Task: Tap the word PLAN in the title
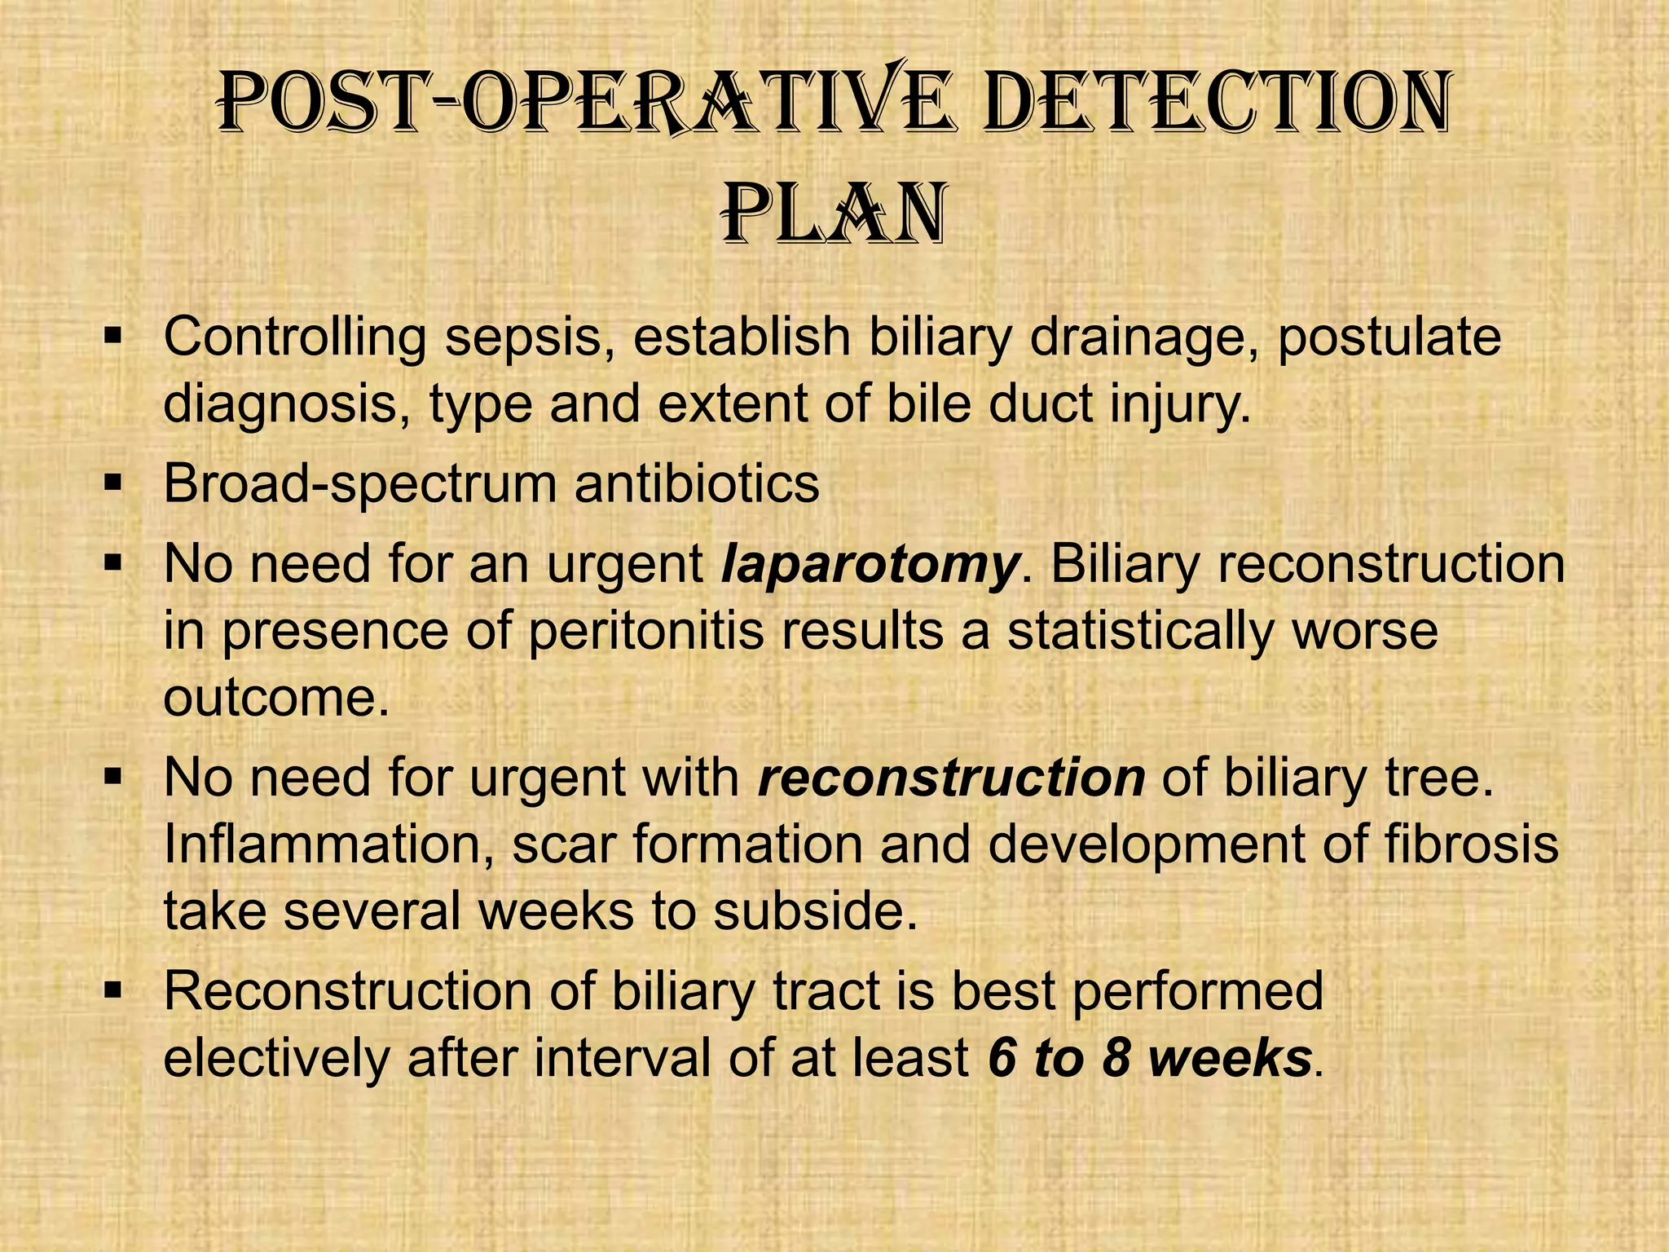[834, 217]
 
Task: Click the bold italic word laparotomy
[870, 565]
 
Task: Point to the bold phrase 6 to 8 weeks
[1149, 1059]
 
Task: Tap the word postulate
[1389, 337]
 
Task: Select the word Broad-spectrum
[359, 484]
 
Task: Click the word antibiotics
[697, 484]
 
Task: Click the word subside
[815, 912]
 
